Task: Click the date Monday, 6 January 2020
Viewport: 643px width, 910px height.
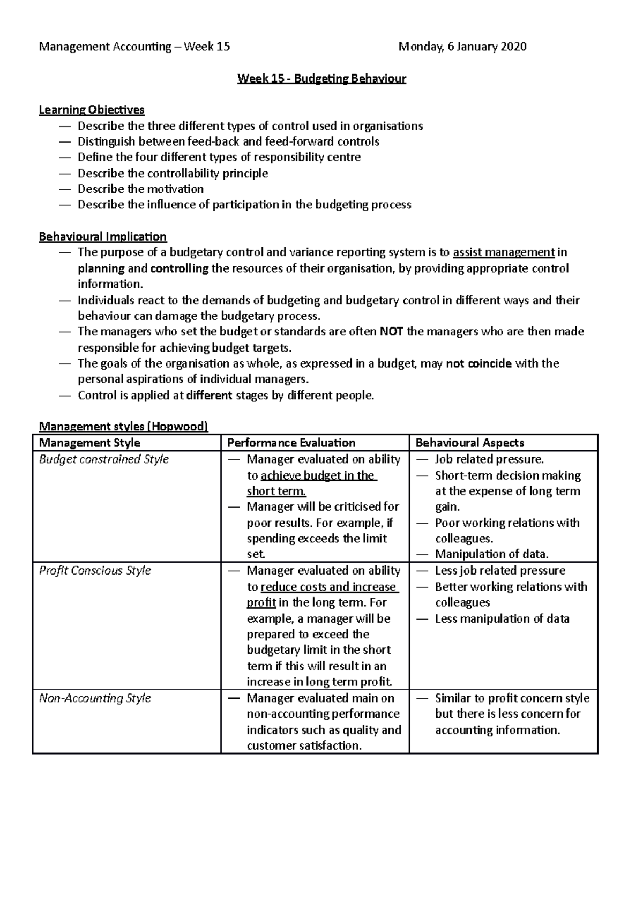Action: click(x=462, y=47)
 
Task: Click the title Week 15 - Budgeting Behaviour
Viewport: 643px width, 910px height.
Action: click(x=322, y=79)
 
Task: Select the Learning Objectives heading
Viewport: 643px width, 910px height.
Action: click(x=92, y=110)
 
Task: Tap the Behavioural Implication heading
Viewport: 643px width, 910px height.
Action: click(x=103, y=236)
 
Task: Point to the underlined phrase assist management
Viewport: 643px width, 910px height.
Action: click(x=504, y=252)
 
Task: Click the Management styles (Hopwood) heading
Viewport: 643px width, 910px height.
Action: click(x=123, y=427)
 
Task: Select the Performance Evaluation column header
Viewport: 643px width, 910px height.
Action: click(x=291, y=443)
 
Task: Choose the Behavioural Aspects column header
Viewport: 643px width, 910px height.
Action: click(x=469, y=443)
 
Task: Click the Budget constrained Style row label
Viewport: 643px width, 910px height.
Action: click(x=104, y=459)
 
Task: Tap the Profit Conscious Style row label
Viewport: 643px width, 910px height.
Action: click(x=95, y=570)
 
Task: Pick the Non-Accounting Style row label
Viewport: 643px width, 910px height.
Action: click(x=95, y=698)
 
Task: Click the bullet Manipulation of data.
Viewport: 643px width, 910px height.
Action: click(x=491, y=554)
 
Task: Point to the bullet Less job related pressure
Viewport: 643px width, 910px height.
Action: click(x=500, y=570)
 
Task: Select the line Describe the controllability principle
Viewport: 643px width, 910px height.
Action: click(x=173, y=173)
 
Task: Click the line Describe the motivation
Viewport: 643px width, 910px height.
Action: click(x=140, y=189)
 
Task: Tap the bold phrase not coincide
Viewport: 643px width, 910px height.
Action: click(x=478, y=363)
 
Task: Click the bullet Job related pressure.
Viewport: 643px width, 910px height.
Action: click(x=489, y=459)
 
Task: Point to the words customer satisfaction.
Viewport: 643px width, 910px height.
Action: click(x=304, y=745)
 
